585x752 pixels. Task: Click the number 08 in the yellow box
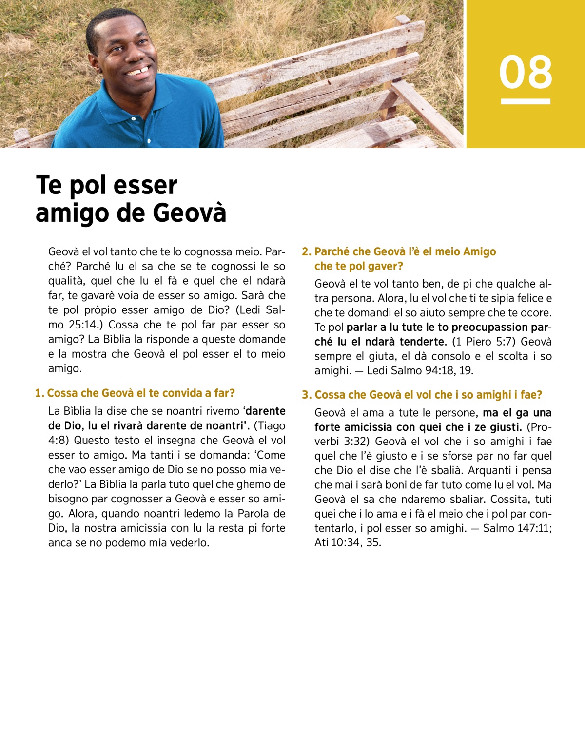(526, 72)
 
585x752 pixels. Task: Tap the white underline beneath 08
(526, 101)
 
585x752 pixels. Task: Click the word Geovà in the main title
(190, 213)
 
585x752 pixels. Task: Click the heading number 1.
(39, 393)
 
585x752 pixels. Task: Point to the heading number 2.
(306, 252)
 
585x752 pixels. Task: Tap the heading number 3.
(306, 395)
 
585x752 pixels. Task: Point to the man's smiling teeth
(138, 72)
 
